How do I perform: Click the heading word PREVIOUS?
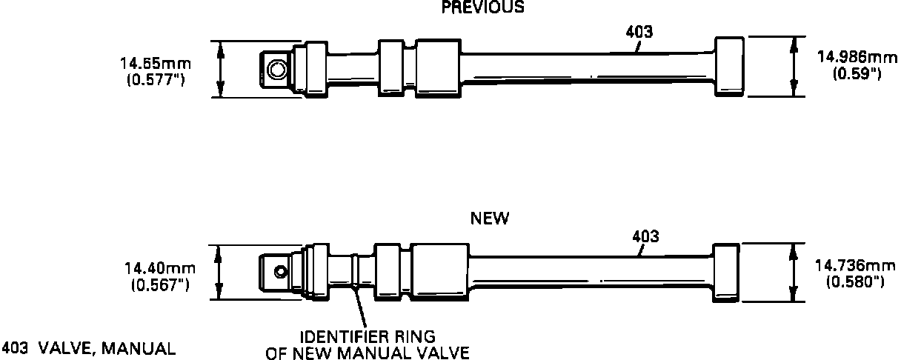click(482, 7)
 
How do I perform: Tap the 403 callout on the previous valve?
click(639, 33)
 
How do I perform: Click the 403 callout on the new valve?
click(645, 237)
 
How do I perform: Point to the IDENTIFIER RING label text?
click(368, 338)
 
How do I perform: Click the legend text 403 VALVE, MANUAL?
click(89, 348)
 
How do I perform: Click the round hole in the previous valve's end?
click(278, 70)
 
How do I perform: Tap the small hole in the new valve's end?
click(279, 271)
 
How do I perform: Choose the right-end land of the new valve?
click(725, 272)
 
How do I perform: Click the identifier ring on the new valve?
click(356, 272)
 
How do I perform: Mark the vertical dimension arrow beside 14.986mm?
click(794, 67)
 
